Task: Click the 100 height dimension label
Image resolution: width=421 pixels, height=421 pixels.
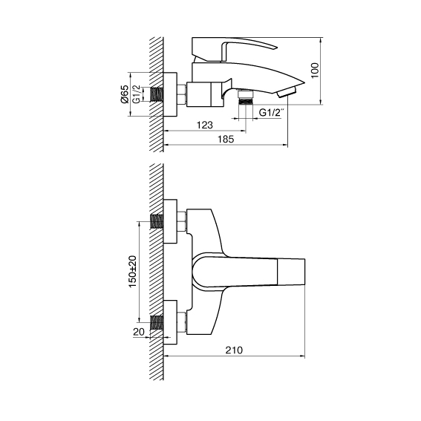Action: pyautogui.click(x=315, y=71)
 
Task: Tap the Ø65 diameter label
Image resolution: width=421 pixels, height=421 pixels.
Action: pyautogui.click(x=124, y=94)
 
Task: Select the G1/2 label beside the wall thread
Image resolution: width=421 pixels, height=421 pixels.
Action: pyautogui.click(x=137, y=94)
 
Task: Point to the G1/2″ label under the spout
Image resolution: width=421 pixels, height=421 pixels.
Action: pyautogui.click(x=270, y=113)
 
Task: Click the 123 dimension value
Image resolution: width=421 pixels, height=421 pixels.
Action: pyautogui.click(x=205, y=125)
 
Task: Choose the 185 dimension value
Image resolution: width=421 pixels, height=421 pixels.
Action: pyautogui.click(x=226, y=140)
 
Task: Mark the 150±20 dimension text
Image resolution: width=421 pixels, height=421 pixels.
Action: pyautogui.click(x=133, y=272)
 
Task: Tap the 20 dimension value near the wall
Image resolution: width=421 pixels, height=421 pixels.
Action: pyautogui.click(x=139, y=332)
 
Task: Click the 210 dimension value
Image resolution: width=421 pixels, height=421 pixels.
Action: pyautogui.click(x=234, y=350)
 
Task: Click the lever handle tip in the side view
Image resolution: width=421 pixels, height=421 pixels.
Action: pyautogui.click(x=275, y=48)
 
